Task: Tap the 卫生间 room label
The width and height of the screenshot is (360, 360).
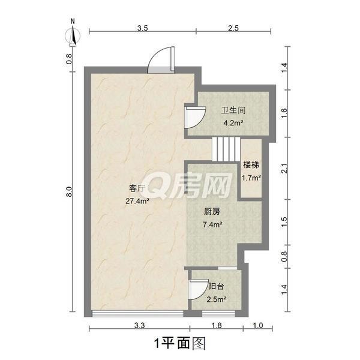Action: (233, 110)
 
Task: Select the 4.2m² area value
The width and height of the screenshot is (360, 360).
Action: (233, 123)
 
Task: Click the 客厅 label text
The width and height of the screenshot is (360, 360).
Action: (137, 189)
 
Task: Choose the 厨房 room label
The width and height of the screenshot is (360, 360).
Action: (212, 211)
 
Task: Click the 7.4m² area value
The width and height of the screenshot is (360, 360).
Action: (212, 224)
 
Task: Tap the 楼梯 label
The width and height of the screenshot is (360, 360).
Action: (251, 165)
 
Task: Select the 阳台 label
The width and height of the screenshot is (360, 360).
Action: (216, 286)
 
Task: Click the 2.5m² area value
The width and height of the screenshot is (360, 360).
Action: (217, 299)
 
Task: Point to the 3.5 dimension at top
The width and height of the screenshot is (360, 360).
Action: (143, 28)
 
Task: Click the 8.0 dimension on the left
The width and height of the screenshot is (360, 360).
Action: (70, 191)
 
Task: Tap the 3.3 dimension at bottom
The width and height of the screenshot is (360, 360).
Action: (139, 325)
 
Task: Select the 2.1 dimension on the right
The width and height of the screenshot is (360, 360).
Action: (284, 168)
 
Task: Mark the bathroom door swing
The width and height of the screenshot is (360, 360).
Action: (195, 118)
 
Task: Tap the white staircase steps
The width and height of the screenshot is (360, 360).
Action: (226, 149)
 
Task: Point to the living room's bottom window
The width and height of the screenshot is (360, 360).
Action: (137, 314)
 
